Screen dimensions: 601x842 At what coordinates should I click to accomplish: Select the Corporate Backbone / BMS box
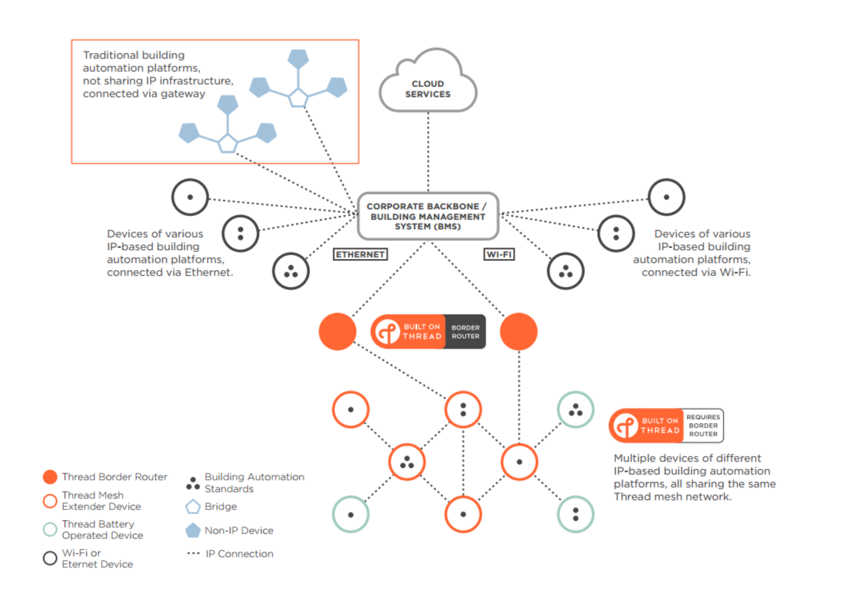(x=428, y=216)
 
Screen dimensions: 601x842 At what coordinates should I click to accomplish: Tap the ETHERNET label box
(x=360, y=254)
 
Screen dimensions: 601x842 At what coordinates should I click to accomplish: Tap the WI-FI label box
(x=499, y=254)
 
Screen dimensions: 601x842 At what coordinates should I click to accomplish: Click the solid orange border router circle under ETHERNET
(x=337, y=331)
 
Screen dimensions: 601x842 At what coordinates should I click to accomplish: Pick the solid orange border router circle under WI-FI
(x=519, y=331)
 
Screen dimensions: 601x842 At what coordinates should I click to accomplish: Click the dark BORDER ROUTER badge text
(x=465, y=332)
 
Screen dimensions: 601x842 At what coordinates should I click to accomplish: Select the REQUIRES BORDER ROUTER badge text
(x=703, y=425)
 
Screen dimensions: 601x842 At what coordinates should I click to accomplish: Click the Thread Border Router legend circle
(x=50, y=477)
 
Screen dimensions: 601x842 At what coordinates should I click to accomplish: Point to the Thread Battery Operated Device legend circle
(x=50, y=529)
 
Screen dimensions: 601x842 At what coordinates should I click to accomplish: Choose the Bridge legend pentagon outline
(x=193, y=507)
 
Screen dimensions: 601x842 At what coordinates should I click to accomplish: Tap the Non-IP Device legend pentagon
(x=193, y=530)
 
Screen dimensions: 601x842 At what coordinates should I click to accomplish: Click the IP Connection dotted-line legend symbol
(x=193, y=554)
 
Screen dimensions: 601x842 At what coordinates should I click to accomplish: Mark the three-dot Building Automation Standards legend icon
(x=193, y=484)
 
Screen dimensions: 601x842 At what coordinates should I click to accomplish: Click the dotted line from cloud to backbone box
(x=428, y=151)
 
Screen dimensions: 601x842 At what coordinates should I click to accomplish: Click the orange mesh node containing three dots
(x=407, y=462)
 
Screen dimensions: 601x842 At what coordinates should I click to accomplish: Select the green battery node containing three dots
(x=575, y=410)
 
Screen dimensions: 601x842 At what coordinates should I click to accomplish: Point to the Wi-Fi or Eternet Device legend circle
(x=50, y=558)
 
